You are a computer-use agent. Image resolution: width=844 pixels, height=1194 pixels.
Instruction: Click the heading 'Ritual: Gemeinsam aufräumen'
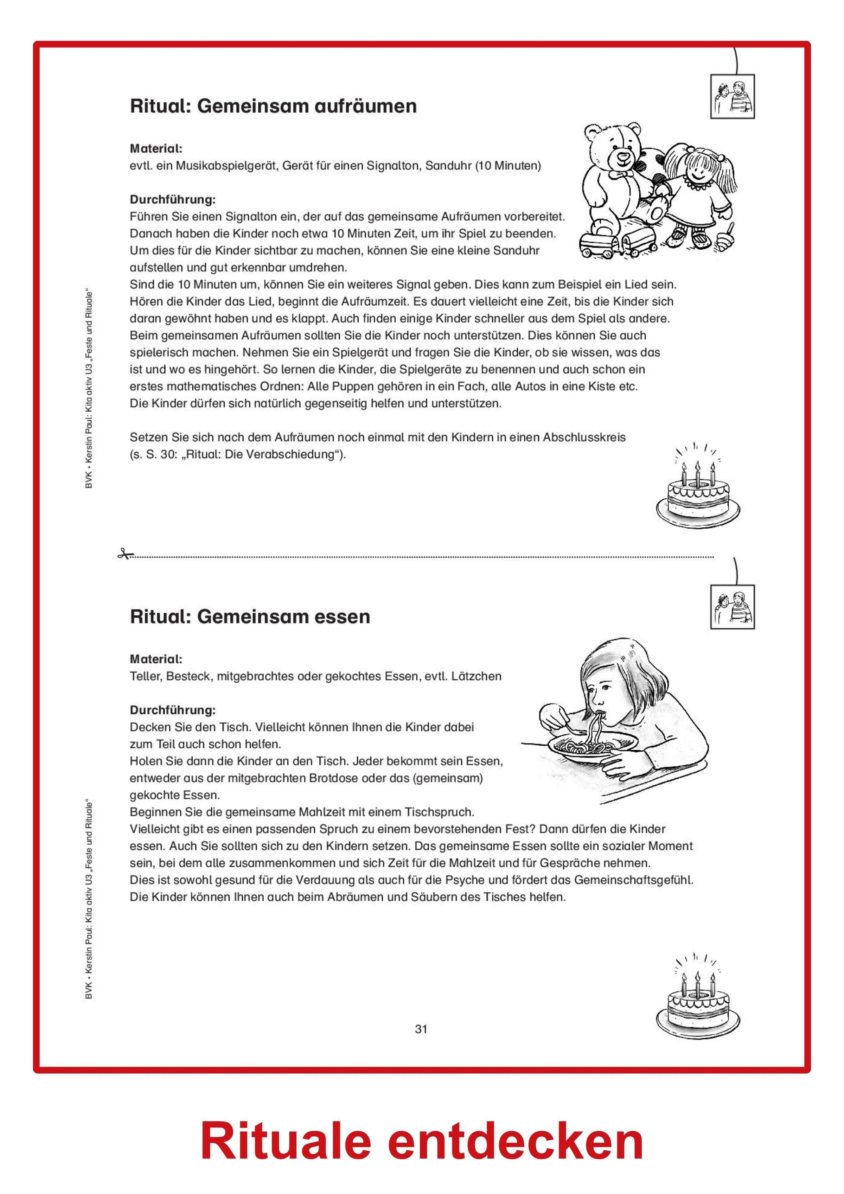273,106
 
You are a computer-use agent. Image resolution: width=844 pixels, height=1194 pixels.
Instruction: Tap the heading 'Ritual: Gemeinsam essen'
250,617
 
